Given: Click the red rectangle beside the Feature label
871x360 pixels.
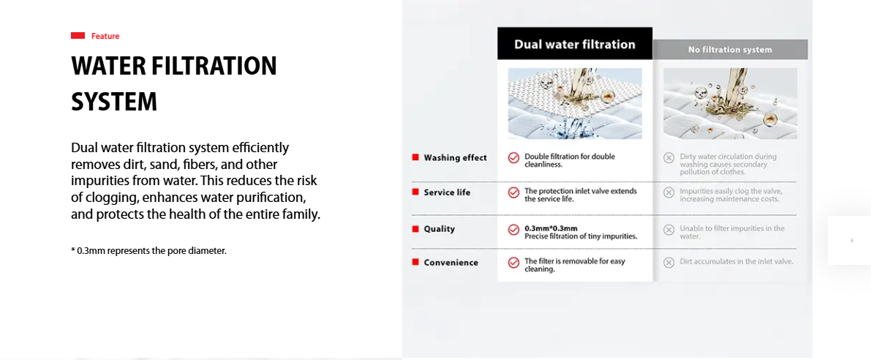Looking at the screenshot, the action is pos(78,36).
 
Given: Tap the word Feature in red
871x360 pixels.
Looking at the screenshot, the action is pos(105,36).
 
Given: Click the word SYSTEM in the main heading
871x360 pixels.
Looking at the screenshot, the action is pos(114,102).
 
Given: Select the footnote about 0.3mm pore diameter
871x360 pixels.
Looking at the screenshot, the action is pos(149,250).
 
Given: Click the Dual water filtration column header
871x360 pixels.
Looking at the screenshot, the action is pos(575,45).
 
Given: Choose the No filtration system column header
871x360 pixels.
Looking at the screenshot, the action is pos(730,50).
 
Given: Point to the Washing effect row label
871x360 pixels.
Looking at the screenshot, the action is pos(455,158).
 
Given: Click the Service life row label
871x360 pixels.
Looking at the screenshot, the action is pos(447,192).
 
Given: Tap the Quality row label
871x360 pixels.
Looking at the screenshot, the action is pos(440,229).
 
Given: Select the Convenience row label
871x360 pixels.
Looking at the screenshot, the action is pos(451,262).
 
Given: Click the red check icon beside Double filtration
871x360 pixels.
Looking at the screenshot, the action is pos(514,158).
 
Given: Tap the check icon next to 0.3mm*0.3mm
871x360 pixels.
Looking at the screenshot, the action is pos(514,230).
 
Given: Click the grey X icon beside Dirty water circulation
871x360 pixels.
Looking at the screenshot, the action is pos(669,158).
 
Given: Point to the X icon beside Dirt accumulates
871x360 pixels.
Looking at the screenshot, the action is pos(669,262).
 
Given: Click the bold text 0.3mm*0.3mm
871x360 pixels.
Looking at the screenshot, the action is pos(551,228).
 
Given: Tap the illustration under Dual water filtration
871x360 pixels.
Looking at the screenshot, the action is pos(575,103).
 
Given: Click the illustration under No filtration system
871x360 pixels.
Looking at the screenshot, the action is pos(730,103).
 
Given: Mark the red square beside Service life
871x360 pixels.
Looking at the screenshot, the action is pos(415,192).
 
